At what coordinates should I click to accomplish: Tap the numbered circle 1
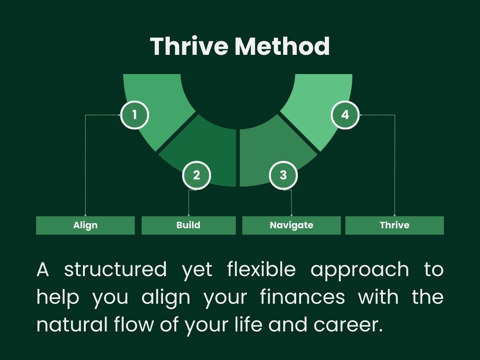pos(135,115)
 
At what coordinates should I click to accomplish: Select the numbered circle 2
pos(196,175)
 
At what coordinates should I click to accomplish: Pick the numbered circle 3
pos(283,175)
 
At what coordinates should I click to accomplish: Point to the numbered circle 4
pos(345,115)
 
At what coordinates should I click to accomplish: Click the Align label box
pos(85,225)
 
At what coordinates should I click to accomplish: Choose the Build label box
pos(188,225)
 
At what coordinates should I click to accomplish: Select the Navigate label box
pos(291,225)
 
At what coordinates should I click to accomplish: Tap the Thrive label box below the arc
pos(394,225)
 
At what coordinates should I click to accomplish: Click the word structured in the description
pos(115,270)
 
